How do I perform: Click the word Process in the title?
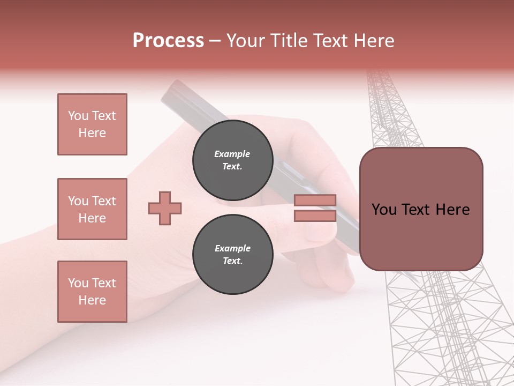point(168,41)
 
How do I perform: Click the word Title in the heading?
point(288,41)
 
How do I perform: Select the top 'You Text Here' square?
point(92,124)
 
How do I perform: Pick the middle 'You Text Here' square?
point(92,209)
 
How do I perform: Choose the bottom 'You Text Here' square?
point(92,292)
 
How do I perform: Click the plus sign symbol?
point(165,208)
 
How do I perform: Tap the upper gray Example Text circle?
point(233,160)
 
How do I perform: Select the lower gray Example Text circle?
point(233,255)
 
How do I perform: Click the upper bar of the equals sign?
point(315,201)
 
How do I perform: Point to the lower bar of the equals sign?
point(315,216)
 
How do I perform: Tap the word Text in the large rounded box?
point(420,210)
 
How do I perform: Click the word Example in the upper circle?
point(232,154)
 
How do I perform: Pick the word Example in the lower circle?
point(232,248)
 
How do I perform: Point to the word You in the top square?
point(78,116)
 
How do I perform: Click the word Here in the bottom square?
point(92,300)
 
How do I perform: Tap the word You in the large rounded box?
point(384,210)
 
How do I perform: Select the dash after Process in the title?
point(215,41)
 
